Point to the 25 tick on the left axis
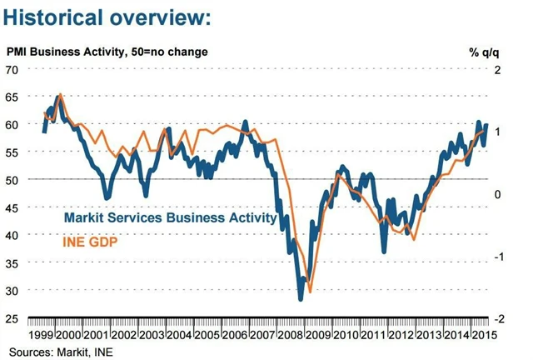coord(12,319)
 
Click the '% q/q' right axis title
coord(483,52)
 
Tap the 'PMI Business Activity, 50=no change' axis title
coord(107,52)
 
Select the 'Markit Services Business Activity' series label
coord(170,218)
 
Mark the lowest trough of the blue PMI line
coord(301,298)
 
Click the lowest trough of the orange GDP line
coord(311,292)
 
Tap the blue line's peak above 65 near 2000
coord(58,96)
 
